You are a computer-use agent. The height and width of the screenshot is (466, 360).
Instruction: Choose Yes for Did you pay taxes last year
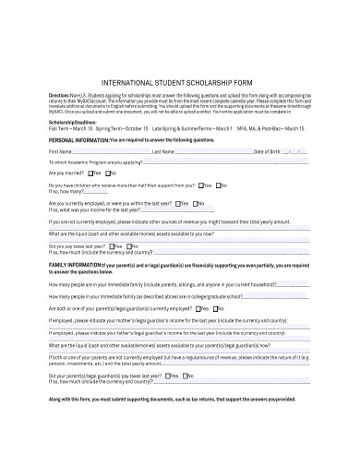(117, 246)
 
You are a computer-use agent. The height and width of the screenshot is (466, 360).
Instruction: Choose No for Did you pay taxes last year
(135, 246)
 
